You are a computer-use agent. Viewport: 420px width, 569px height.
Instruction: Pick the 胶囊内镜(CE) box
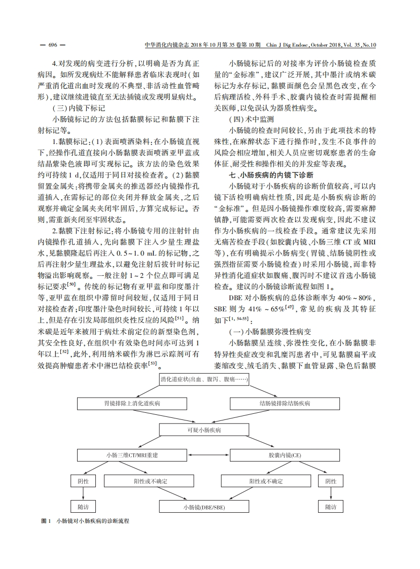[x=285, y=455]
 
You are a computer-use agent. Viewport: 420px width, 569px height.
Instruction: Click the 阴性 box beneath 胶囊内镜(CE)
[x=330, y=481]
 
